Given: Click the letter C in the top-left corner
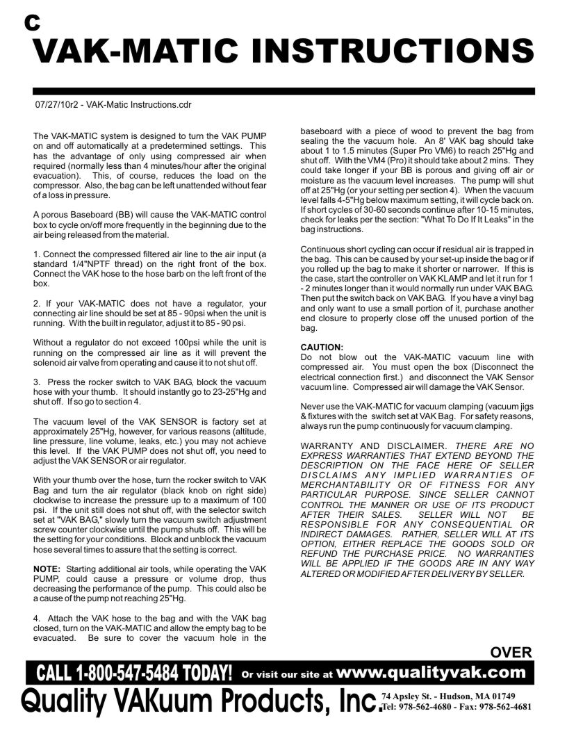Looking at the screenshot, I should tap(32, 22).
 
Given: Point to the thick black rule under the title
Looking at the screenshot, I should tap(283, 91).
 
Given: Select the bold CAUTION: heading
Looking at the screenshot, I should tap(322, 347).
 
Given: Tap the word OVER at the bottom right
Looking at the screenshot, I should tap(511, 653).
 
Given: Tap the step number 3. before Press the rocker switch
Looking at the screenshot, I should tap(37, 382).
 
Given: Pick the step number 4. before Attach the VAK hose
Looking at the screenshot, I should tap(37, 617).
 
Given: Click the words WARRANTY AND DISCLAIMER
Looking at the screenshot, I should tap(375, 446).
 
